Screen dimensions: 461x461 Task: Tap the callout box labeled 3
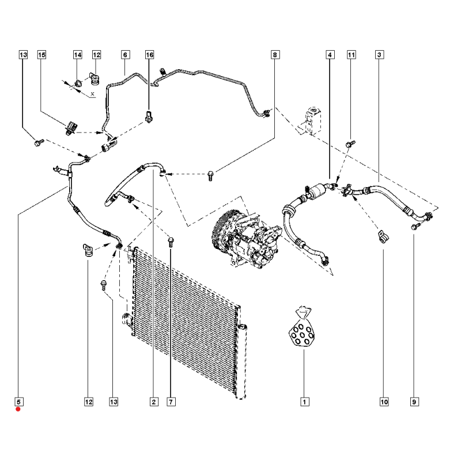coord(380,55)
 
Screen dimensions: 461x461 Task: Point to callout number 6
coord(124,55)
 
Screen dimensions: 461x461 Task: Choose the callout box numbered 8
coord(275,55)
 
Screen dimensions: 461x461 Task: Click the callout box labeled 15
coord(41,55)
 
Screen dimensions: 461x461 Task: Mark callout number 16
coord(150,55)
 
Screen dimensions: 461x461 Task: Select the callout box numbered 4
coord(330,55)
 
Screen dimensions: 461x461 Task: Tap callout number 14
coord(77,55)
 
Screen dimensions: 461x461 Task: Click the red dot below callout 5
coord(18,410)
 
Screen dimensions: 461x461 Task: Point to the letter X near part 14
coord(92,93)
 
